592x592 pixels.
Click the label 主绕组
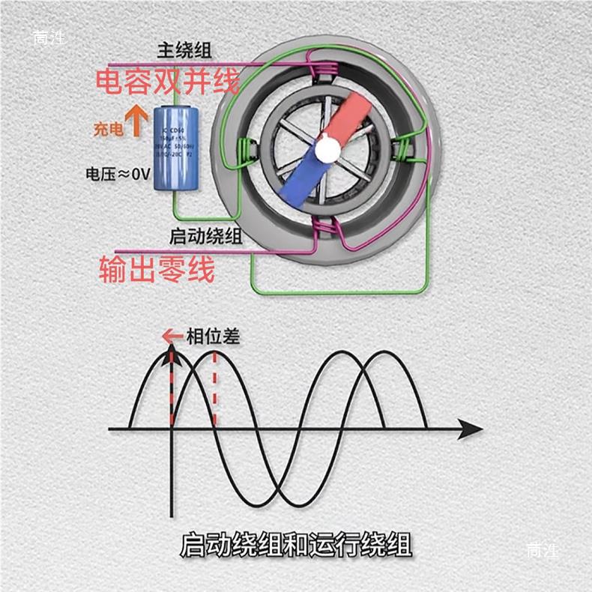[x=184, y=51]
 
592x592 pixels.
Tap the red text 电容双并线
[x=167, y=81]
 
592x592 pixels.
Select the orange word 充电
[x=108, y=129]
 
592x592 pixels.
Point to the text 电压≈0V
[x=118, y=175]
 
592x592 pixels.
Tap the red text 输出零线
[x=157, y=268]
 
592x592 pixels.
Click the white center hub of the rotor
[x=326, y=150]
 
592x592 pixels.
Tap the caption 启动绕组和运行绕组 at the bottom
[x=296, y=545]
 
